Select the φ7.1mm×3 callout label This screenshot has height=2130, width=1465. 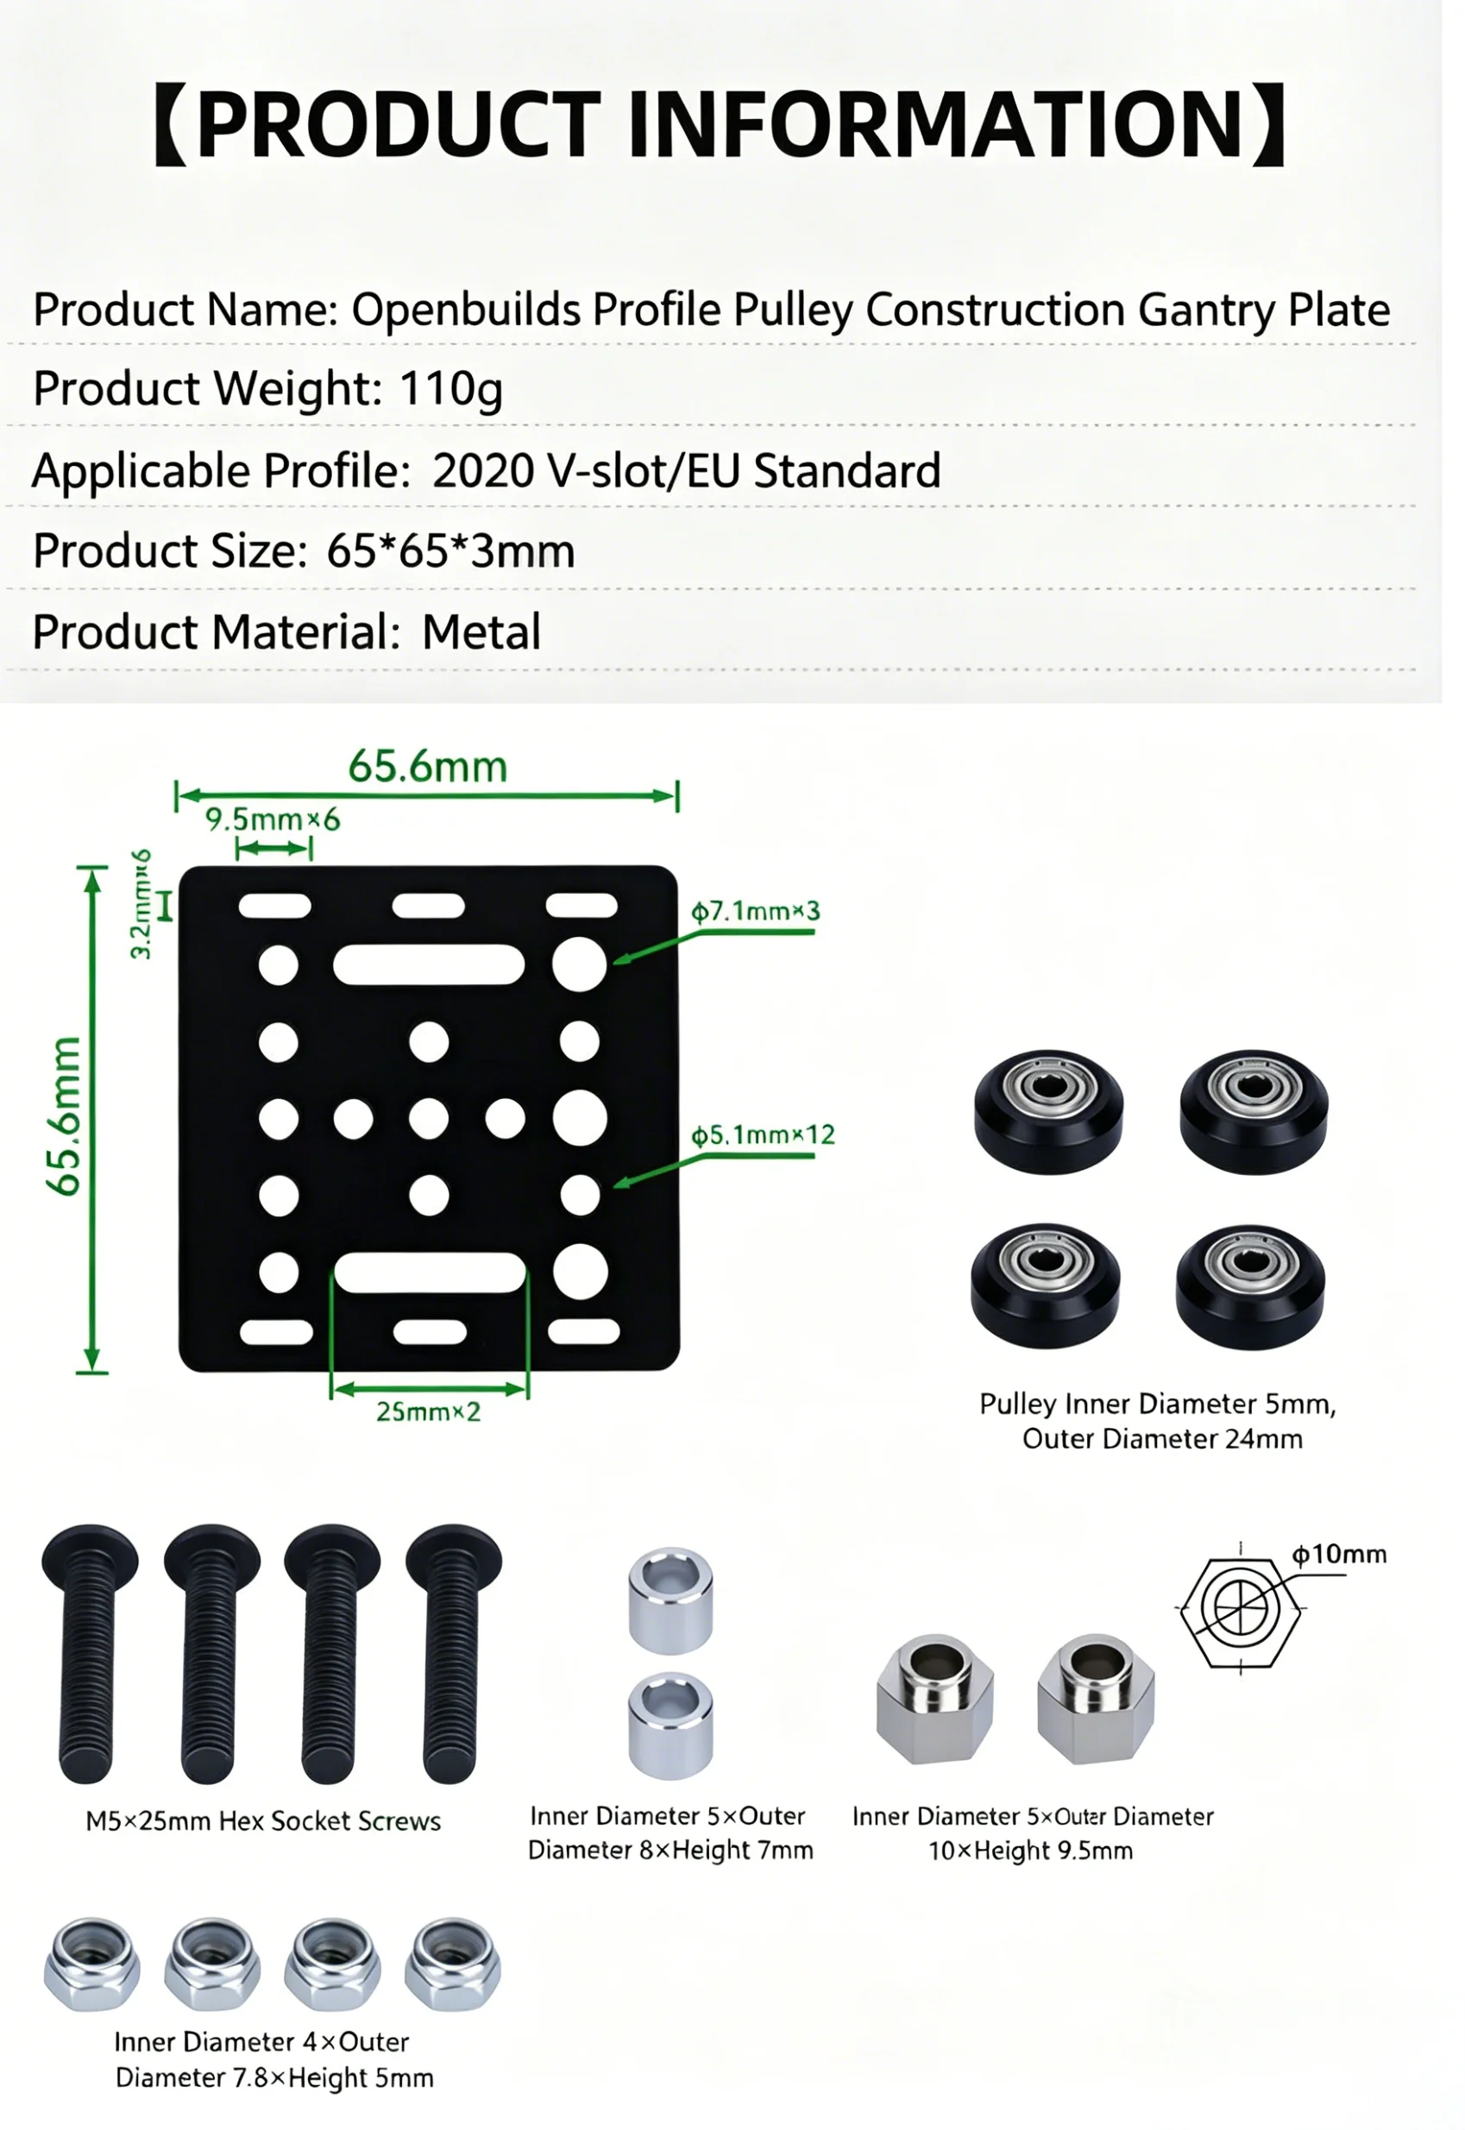[x=766, y=925]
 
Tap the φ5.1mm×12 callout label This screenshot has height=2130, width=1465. [x=775, y=1153]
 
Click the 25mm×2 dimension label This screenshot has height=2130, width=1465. [x=435, y=1434]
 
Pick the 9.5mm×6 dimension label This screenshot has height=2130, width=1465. [x=276, y=833]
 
